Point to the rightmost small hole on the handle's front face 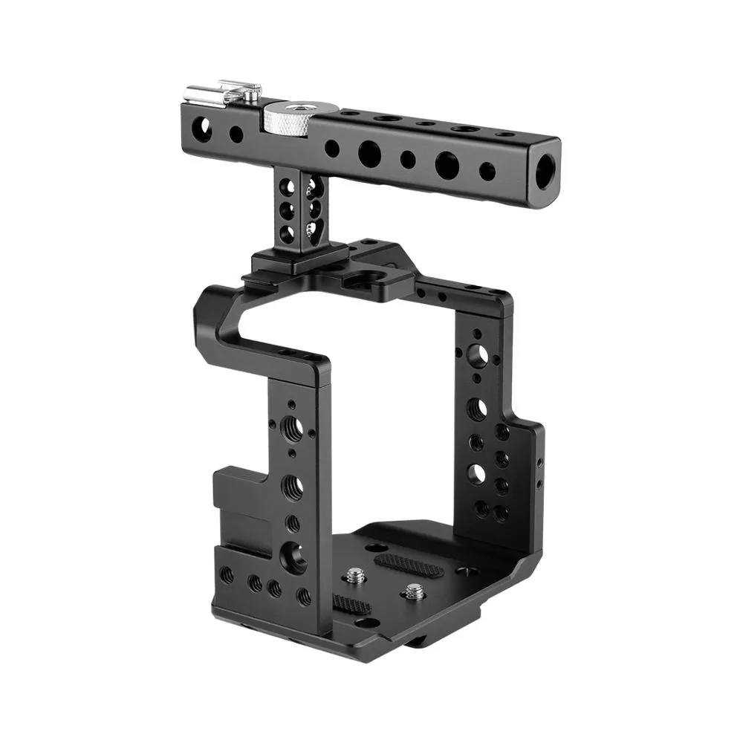[487, 171]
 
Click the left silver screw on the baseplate [355, 574]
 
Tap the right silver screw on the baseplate [413, 592]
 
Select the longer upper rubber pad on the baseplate [409, 562]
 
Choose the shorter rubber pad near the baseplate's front [351, 603]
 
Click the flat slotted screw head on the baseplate [466, 571]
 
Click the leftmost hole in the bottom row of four [227, 574]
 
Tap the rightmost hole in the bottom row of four [303, 595]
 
